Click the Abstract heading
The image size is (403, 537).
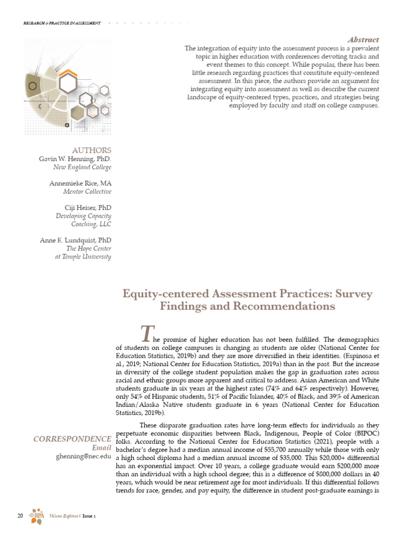coord(363,40)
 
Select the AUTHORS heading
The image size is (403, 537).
coord(91,150)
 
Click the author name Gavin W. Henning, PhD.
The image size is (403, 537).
coord(75,159)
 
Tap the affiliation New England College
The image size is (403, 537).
coord(83,167)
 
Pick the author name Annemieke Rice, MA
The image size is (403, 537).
coord(80,184)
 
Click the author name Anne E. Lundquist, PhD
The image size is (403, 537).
coord(76,240)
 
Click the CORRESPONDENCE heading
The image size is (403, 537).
coord(72,438)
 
